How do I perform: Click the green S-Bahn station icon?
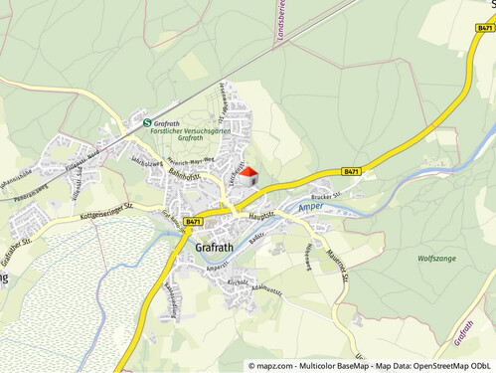coord(119,123)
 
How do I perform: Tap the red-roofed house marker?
coord(248,177)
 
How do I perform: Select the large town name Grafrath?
coord(216,247)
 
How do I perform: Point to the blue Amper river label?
coord(310,207)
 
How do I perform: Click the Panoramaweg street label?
coord(32,188)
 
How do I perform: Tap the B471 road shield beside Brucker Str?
coord(351,171)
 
